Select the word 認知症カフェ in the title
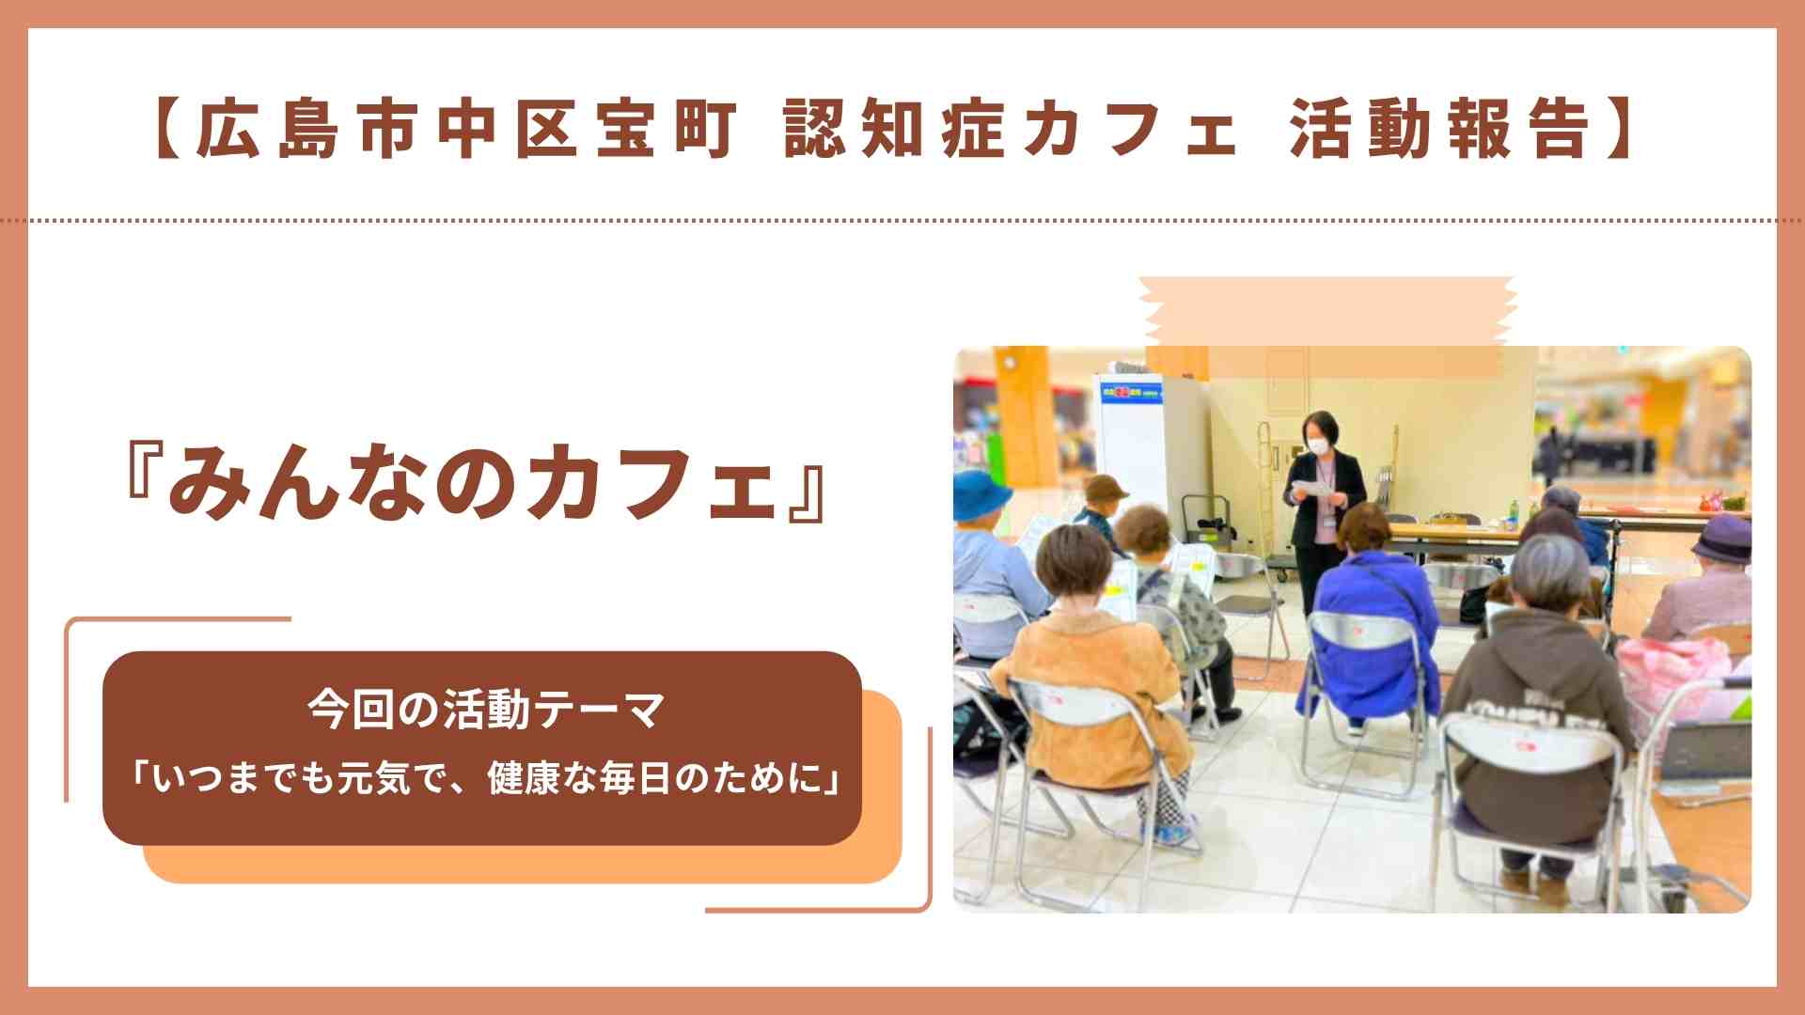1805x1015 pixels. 1011,129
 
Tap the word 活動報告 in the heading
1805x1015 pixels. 1439,129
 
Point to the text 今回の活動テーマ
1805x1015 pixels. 486,710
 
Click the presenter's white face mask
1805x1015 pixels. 1321,443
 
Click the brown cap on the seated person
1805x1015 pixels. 1105,487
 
